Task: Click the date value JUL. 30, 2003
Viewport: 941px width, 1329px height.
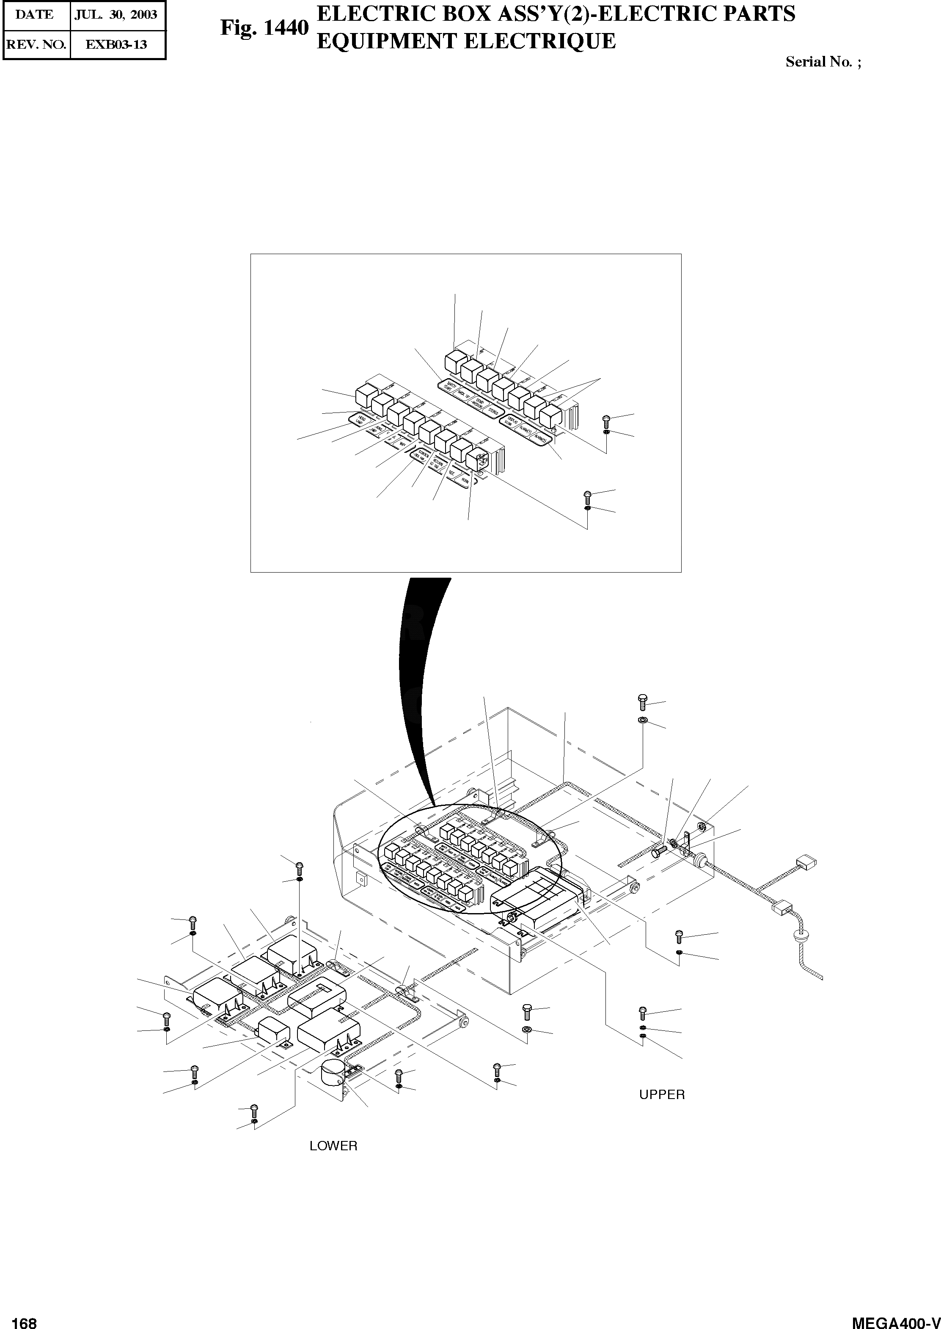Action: (116, 14)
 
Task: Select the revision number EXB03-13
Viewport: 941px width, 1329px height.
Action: (116, 44)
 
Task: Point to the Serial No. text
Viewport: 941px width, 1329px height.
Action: (823, 62)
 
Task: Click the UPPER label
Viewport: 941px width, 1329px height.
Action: (662, 1094)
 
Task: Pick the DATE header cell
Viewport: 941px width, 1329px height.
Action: (35, 14)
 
